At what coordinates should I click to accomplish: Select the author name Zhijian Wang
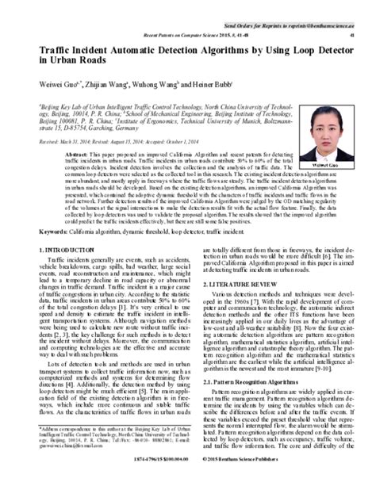pos(105,84)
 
